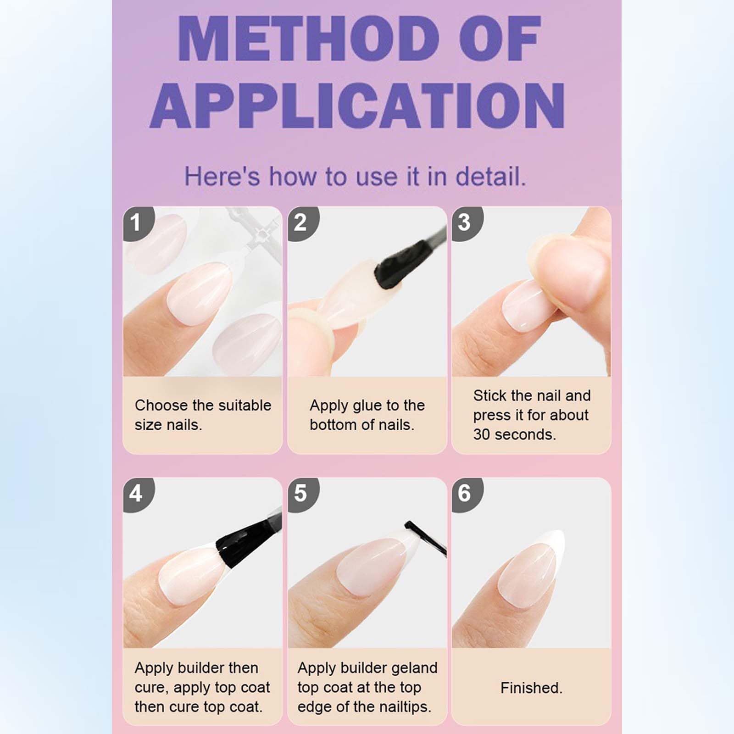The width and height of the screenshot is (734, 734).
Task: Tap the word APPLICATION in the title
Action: click(x=357, y=106)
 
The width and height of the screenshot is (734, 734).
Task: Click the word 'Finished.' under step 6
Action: click(x=531, y=688)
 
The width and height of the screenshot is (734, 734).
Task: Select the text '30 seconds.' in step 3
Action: click(x=514, y=434)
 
